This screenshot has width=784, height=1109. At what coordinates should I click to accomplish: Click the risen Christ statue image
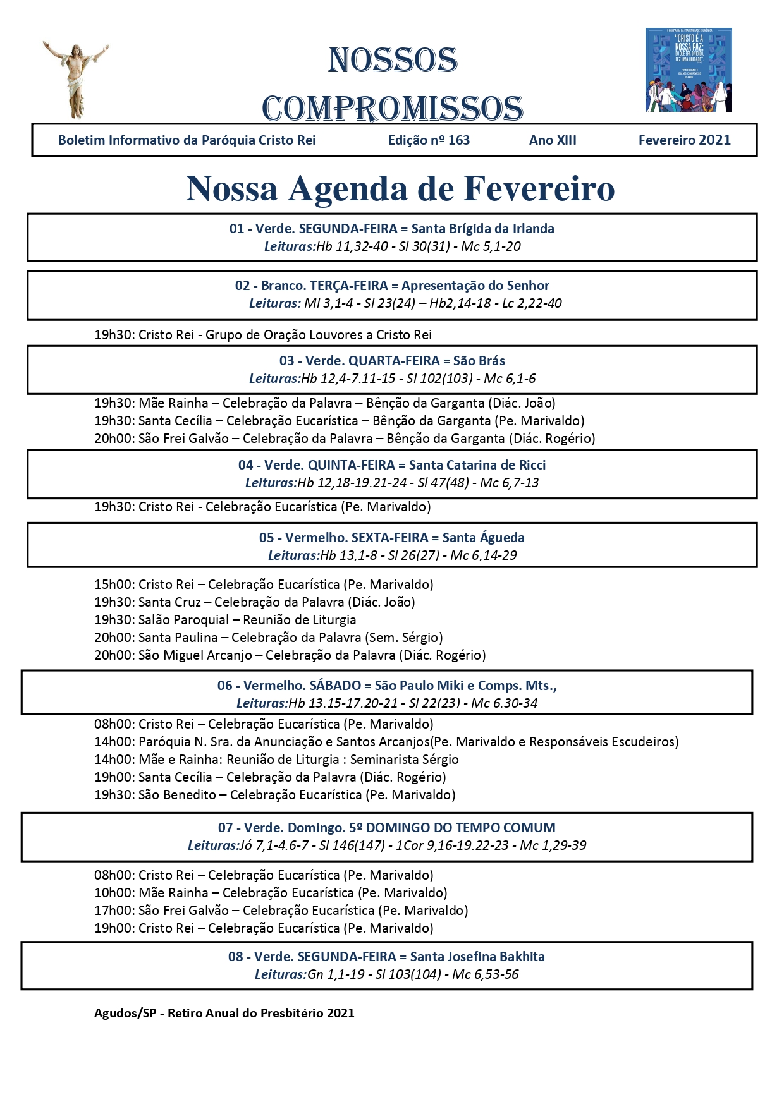pyautogui.click(x=75, y=79)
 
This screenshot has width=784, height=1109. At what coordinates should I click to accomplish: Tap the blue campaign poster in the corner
pyautogui.click(x=689, y=70)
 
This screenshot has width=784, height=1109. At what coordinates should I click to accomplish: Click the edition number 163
pyautogui.click(x=459, y=140)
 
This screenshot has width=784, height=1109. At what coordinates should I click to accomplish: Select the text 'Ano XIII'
pyautogui.click(x=553, y=140)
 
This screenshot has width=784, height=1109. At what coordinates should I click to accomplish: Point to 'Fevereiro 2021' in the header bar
pyautogui.click(x=684, y=140)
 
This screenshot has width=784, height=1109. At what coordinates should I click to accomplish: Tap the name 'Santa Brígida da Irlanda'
pyautogui.click(x=482, y=229)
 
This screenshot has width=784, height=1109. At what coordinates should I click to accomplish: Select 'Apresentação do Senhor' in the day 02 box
pyautogui.click(x=475, y=286)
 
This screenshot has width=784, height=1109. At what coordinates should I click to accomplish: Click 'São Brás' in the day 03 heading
pyautogui.click(x=479, y=361)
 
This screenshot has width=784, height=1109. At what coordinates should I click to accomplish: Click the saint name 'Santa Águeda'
pyautogui.click(x=483, y=538)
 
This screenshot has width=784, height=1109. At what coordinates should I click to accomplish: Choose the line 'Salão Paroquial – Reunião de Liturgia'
pyautogui.click(x=247, y=620)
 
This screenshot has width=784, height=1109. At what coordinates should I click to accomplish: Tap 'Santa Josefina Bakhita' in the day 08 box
pyautogui.click(x=477, y=957)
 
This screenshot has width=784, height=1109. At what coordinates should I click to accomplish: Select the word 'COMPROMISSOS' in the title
pyautogui.click(x=392, y=108)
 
